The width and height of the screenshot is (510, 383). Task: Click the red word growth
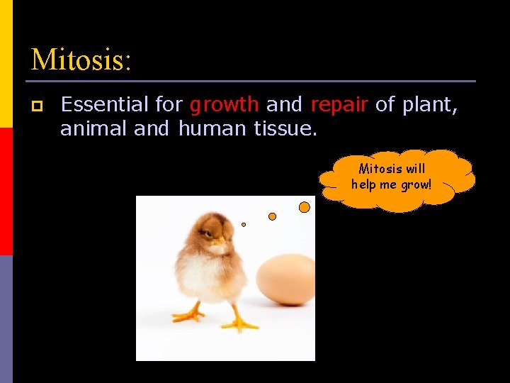point(224,105)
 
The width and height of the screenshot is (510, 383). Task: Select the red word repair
point(339,105)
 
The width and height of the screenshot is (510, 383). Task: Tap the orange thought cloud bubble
point(397,180)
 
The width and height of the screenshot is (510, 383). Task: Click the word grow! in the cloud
point(414,184)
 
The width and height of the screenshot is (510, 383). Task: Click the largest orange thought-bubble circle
point(305,207)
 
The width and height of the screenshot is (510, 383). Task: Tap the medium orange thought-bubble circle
point(272,216)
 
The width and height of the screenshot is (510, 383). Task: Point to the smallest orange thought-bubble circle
point(244,224)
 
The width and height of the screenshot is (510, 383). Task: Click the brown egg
point(286,279)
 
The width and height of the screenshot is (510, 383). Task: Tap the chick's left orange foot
point(188,314)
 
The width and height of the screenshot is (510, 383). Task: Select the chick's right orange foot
point(239,324)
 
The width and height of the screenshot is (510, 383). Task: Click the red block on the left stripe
point(6,191)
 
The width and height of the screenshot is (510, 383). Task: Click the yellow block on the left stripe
point(6,64)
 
